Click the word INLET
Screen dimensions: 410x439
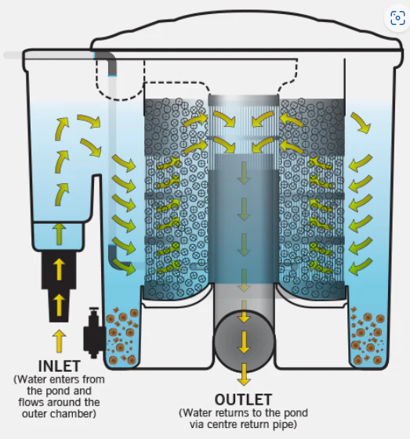tap(59, 366)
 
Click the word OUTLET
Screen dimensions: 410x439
tap(243, 400)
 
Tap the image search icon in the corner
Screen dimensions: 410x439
tap(397, 18)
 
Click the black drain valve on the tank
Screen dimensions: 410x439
tap(93, 333)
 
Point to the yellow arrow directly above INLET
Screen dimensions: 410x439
tap(59, 340)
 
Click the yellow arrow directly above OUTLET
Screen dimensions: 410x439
tap(244, 375)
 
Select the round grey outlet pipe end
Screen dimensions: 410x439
tap(244, 341)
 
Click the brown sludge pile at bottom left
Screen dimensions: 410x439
tap(122, 336)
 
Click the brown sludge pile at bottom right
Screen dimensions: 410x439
tap(368, 336)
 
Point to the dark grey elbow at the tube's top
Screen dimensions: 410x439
tap(109, 62)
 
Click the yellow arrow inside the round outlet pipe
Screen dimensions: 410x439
tap(244, 342)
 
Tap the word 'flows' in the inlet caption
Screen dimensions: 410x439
tap(31, 402)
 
